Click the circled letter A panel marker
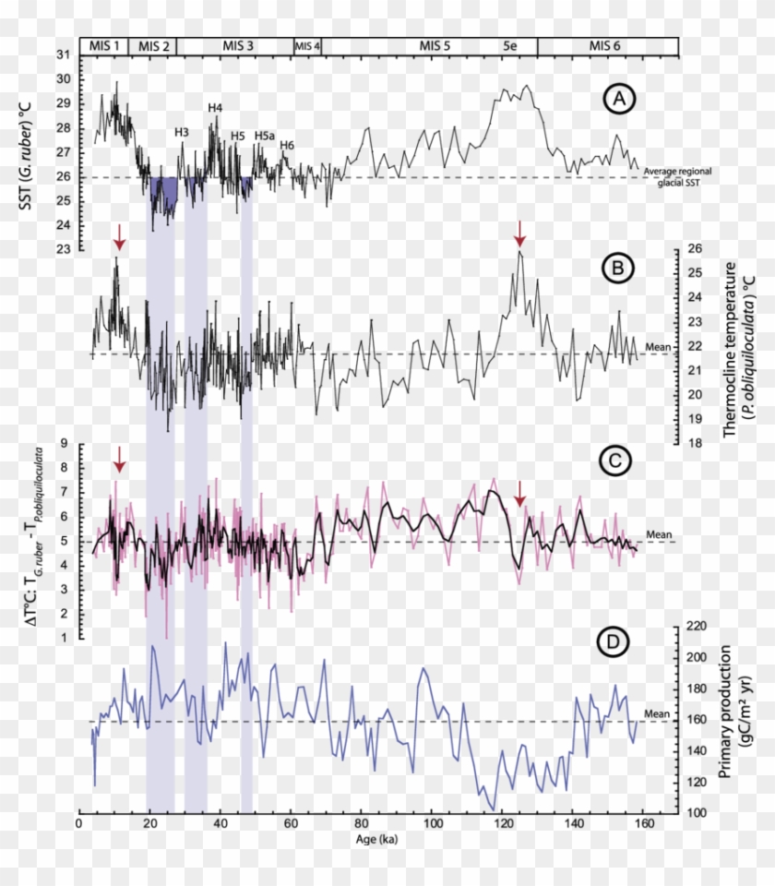[x=619, y=98]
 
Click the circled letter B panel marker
[x=619, y=268]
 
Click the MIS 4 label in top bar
[x=307, y=45]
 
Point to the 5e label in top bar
[x=510, y=45]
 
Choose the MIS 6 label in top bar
[x=605, y=45]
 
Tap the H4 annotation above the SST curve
[x=215, y=108]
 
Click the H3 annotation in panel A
[x=182, y=132]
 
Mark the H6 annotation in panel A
[x=287, y=145]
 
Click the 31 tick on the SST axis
[x=63, y=55]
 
